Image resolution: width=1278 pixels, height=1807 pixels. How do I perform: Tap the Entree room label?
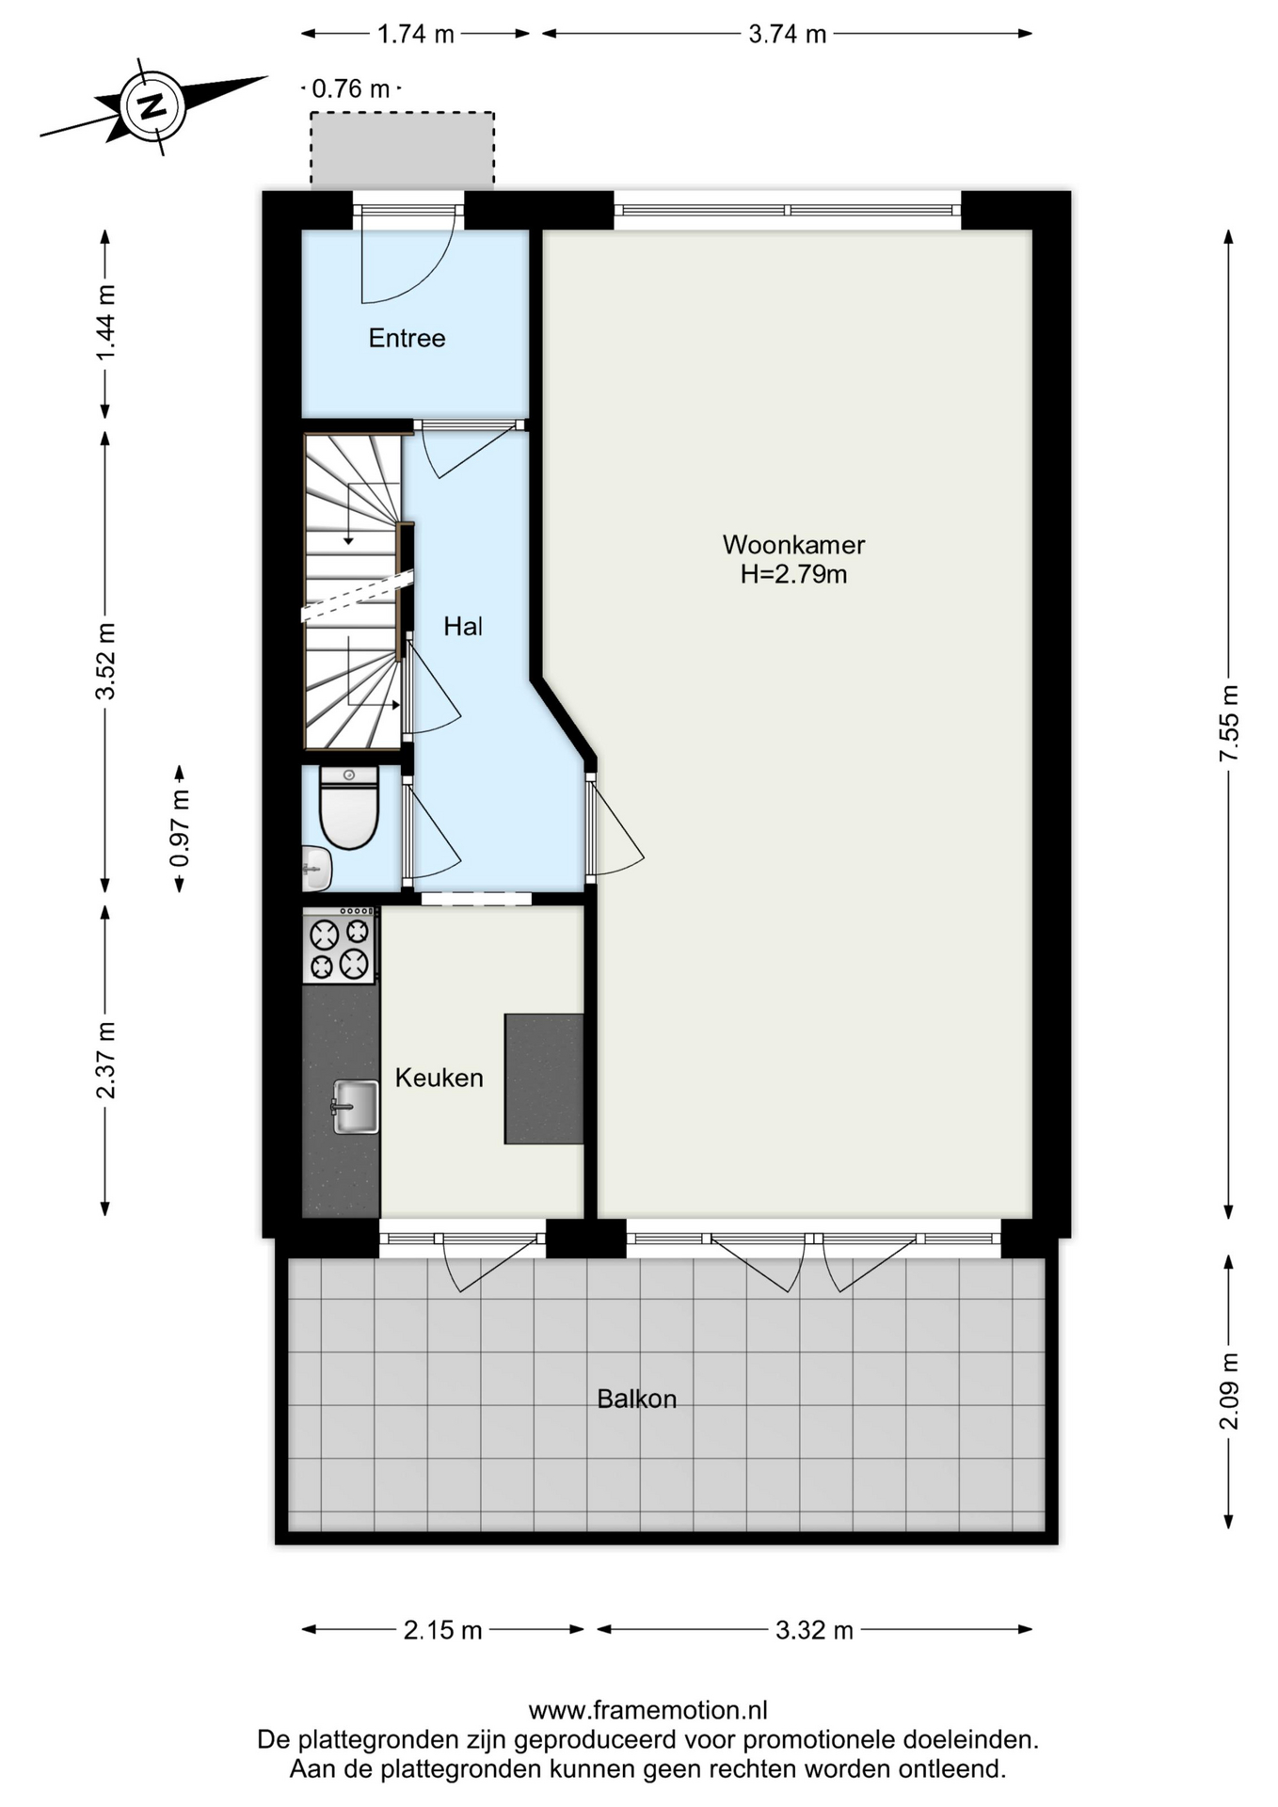tap(407, 338)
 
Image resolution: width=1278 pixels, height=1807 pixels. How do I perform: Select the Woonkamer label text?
tap(793, 544)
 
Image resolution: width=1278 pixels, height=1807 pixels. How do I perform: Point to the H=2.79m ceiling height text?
tap(793, 574)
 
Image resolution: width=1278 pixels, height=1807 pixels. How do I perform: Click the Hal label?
tap(463, 626)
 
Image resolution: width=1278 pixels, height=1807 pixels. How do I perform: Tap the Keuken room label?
tap(439, 1078)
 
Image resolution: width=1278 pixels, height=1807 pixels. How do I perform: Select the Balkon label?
tap(637, 1399)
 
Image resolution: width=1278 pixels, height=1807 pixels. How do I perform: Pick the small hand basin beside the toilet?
tap(316, 867)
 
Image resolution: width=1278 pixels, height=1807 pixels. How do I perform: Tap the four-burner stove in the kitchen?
tap(340, 946)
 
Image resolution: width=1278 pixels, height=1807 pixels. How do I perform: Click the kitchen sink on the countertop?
tap(355, 1107)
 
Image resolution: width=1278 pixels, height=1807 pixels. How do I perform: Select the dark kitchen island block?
tap(544, 1079)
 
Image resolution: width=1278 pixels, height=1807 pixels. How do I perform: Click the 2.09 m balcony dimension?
tap(1228, 1391)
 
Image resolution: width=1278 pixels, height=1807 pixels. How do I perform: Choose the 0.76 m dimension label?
tap(350, 88)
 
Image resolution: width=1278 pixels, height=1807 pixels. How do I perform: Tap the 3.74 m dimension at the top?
tap(787, 34)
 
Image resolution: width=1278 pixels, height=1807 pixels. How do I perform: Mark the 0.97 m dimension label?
tap(179, 827)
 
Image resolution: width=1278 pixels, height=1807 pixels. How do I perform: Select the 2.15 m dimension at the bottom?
tap(442, 1630)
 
